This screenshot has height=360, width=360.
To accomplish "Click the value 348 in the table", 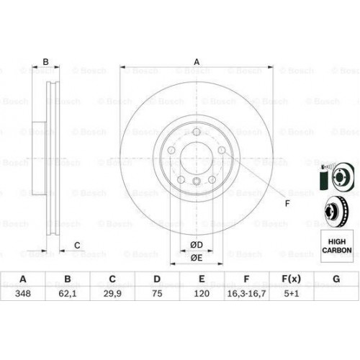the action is pyautogui.click(x=23, y=293).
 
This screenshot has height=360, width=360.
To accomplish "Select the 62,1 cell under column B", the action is pyautogui.click(x=68, y=293).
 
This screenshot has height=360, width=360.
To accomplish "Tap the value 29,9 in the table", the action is pyautogui.click(x=112, y=293).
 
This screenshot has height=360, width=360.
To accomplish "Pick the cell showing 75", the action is pyautogui.click(x=157, y=293).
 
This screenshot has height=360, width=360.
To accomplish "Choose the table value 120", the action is pyautogui.click(x=202, y=293).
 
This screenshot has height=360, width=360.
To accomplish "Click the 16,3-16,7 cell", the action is pyautogui.click(x=246, y=293).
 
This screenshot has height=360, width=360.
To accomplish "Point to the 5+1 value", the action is pyautogui.click(x=292, y=293).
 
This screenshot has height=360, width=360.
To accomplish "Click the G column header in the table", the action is pyautogui.click(x=336, y=279).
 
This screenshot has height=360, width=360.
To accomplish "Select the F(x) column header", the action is pyautogui.click(x=291, y=279).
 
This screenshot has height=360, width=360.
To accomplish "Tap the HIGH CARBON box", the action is pyautogui.click(x=337, y=246).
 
